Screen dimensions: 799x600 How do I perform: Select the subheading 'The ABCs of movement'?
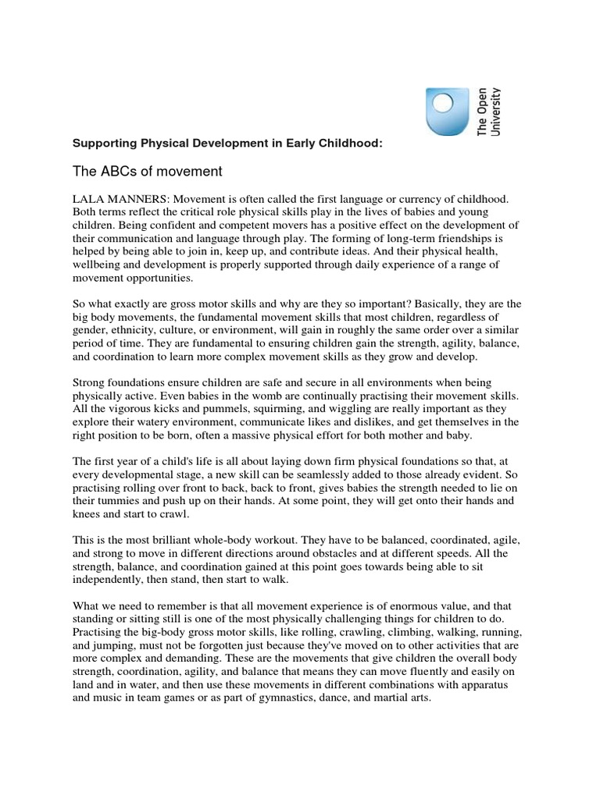coord(147,171)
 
